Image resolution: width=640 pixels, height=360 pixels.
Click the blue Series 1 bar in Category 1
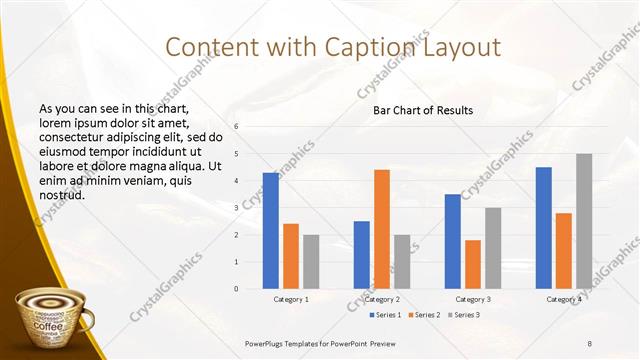coord(271,231)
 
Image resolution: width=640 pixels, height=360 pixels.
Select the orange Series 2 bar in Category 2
coord(382,229)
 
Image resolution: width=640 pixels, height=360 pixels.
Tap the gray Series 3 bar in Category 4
coord(584,221)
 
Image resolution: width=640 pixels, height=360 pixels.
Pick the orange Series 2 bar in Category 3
coord(473,264)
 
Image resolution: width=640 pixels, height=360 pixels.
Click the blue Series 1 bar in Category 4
coord(544,228)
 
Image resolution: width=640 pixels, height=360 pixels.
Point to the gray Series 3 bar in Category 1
coord(311,262)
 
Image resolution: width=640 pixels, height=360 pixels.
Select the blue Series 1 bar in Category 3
coord(453,241)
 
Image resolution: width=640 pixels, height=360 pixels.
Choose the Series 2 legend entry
coord(425,315)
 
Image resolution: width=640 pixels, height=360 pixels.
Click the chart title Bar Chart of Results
coord(416,110)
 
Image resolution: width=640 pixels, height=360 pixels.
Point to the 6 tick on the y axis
coord(236,127)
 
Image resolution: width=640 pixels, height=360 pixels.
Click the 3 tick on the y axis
coord(236,208)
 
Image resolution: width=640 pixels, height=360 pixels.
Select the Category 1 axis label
coord(291,299)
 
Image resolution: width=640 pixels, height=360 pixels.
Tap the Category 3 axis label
coord(473,299)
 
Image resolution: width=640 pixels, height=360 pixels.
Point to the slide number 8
coord(589,343)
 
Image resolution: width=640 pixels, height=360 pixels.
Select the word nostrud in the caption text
coord(62,194)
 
